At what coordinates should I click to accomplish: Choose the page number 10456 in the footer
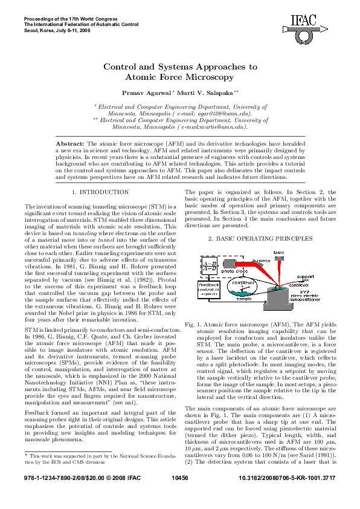click(x=180, y=494)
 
